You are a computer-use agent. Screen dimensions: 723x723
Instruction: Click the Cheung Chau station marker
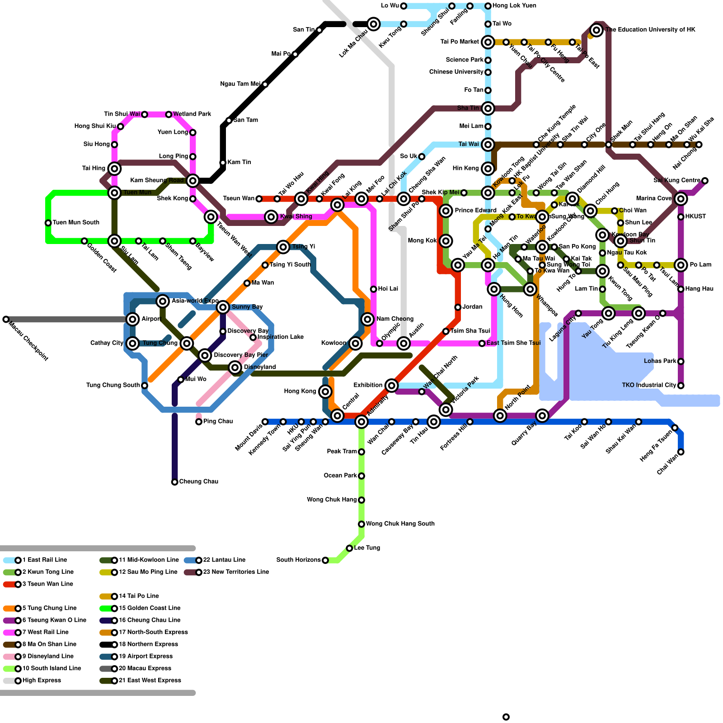[174, 482]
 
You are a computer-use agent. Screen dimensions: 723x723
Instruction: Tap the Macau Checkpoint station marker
[6, 319]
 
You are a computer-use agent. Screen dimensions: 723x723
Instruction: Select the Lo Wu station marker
[404, 6]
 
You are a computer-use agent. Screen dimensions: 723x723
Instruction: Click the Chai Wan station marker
[681, 452]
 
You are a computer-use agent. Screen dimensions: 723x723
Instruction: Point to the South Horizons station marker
[325, 560]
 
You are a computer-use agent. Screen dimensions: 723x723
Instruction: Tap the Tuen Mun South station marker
[48, 223]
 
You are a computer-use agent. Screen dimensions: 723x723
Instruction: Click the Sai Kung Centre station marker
[705, 181]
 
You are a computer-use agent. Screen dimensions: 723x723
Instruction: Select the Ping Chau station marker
[199, 422]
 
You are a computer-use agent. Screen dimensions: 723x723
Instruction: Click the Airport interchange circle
[132, 319]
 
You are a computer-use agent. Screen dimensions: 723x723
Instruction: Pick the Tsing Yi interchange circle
[283, 247]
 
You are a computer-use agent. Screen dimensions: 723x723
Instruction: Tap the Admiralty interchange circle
[361, 422]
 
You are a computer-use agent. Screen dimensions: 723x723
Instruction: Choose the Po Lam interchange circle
[681, 265]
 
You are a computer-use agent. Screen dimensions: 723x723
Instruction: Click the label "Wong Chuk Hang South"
[400, 524]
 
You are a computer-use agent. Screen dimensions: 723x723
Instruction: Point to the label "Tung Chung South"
[113, 385]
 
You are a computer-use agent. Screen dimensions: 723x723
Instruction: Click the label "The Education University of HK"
[650, 30]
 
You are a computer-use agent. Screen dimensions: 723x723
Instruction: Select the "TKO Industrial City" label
[649, 385]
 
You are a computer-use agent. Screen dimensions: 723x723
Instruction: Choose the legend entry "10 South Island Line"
[52, 668]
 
